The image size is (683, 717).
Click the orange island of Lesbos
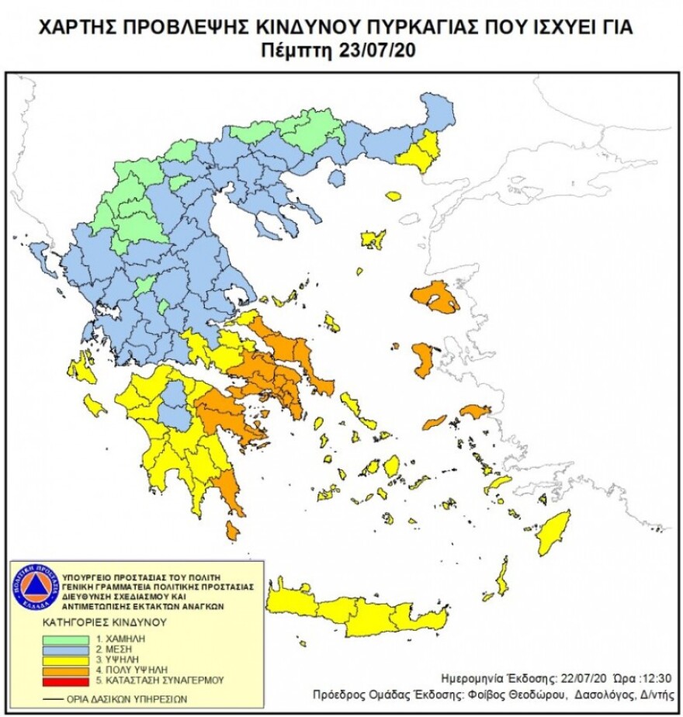pyautogui.click(x=436, y=297)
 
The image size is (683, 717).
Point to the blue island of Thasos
pyautogui.click(x=335, y=178)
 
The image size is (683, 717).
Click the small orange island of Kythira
pyautogui.click(x=232, y=530)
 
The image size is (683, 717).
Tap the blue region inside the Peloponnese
pyautogui.click(x=175, y=403)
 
